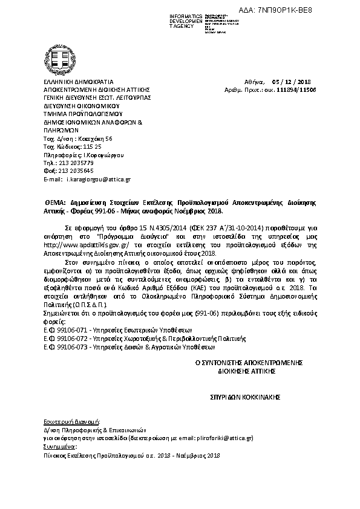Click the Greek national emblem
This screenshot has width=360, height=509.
pos(63,57)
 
